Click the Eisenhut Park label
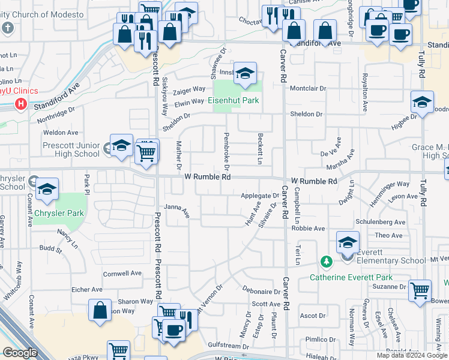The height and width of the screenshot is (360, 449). [234, 100]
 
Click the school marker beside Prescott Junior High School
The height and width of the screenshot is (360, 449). [121, 146]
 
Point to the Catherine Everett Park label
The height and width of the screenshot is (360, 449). [351, 277]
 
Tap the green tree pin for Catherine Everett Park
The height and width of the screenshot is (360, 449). [326, 262]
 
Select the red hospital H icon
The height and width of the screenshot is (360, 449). [21, 104]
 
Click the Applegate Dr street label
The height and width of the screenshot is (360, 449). [261, 196]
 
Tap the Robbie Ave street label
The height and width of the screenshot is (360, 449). [308, 229]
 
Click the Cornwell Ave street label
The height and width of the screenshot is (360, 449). [122, 273]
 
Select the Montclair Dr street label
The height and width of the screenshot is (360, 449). [308, 88]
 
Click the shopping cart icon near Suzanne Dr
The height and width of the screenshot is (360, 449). [420, 291]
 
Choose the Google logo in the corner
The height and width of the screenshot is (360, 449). [19, 353]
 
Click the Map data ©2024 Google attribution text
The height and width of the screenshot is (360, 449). [411, 355]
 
